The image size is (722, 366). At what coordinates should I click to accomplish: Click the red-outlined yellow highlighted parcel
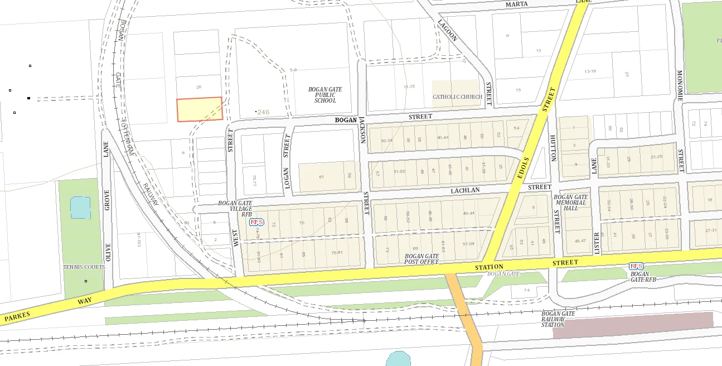point(200,109)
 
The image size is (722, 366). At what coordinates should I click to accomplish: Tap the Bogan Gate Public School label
point(325,95)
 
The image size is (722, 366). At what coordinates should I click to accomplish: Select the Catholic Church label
point(457,97)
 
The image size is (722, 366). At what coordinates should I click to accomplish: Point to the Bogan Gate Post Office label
point(422,259)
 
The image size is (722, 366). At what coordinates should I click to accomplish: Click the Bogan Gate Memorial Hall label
point(570,203)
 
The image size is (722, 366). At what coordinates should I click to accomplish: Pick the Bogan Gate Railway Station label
point(558,319)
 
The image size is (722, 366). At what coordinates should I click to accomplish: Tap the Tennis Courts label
point(84,267)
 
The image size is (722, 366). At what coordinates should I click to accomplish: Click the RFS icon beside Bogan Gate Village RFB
point(256,222)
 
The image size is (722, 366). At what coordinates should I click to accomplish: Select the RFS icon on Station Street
point(636,266)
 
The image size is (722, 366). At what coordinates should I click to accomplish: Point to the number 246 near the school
point(263,112)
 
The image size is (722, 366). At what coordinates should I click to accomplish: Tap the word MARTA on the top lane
point(516,4)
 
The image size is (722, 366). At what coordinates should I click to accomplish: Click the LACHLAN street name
point(466,191)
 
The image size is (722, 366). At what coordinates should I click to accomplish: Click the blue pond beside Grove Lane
point(80,208)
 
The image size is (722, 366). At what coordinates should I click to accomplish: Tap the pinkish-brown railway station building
point(633,325)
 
